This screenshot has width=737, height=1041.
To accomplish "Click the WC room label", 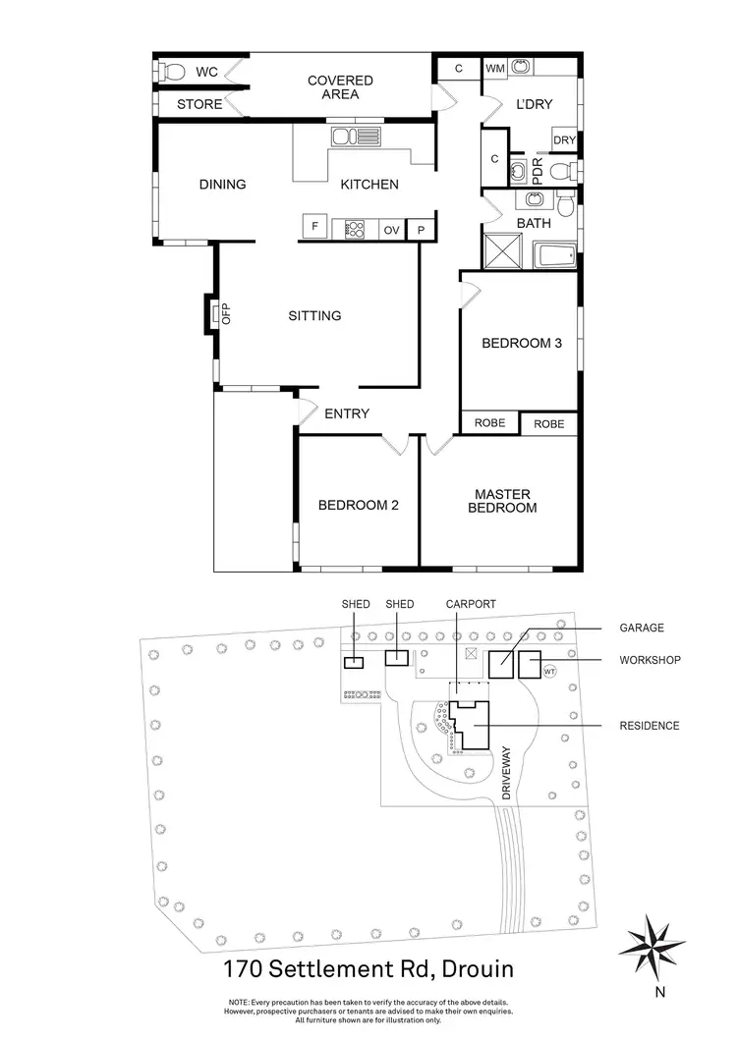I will [206, 72].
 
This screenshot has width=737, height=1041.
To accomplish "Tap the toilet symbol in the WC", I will [174, 72].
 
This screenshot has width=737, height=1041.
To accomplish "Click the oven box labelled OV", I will [391, 229].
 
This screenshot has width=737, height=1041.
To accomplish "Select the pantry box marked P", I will [421, 229].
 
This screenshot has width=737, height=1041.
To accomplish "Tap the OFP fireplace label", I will [225, 314].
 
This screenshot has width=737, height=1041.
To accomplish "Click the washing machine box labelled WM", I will [495, 68].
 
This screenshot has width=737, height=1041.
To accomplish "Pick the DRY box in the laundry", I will [564, 140].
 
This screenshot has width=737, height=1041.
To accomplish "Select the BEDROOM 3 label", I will [521, 344].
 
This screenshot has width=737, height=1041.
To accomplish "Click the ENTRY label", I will [347, 413].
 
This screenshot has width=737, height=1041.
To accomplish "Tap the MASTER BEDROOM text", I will [504, 501].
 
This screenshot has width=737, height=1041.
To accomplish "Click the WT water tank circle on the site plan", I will [549, 673].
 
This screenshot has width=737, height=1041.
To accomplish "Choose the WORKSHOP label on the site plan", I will [650, 660].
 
